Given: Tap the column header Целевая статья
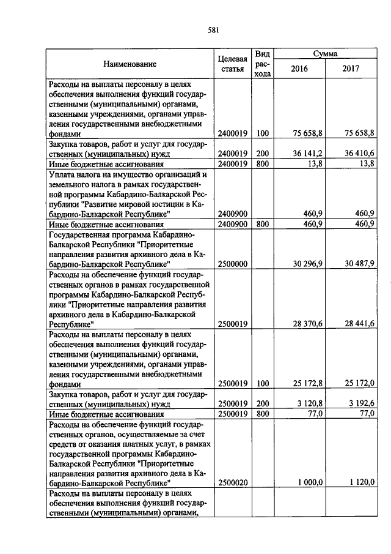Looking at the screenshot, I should click(233, 64).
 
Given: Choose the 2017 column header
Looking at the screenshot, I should click(352, 69).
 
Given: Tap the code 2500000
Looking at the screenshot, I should click(232, 263).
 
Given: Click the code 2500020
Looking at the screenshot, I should click(232, 483).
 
